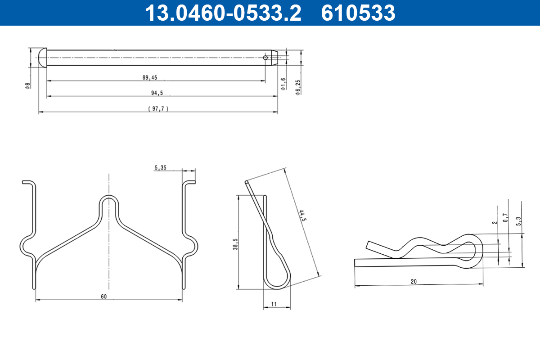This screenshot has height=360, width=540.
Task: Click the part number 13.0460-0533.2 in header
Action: coord(223,13)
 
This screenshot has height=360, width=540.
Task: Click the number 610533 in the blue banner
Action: coord(358,13)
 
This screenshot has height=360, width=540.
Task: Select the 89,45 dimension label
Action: coord(150,77)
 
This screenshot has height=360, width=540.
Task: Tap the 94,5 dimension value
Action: coord(157,93)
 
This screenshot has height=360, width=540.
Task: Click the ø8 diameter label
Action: coord(28,86)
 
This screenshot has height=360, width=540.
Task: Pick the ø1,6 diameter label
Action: coord(283,84)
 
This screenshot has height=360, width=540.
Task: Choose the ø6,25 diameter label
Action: coord(298,87)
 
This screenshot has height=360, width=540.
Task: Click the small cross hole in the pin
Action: coord(265,58)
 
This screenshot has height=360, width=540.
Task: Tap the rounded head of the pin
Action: coord(43,58)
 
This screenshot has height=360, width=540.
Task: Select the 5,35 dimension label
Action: coord(160,167)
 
